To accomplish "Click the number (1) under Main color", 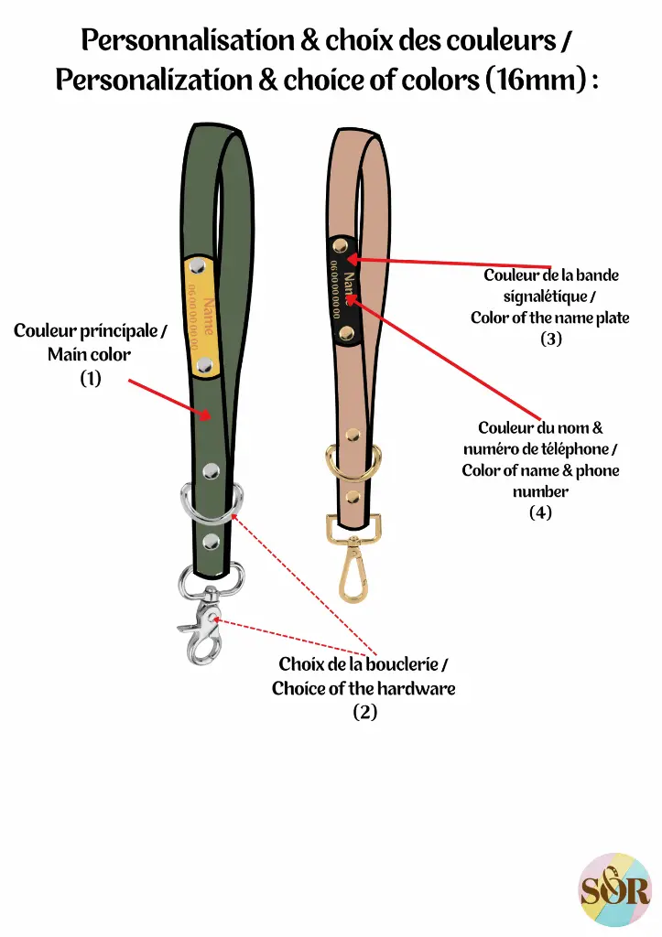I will [x=90, y=378].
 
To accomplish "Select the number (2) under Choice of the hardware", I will [x=364, y=712].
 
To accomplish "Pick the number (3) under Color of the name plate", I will [x=550, y=339].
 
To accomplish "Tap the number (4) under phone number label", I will [x=540, y=513].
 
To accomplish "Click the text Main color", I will [x=90, y=354].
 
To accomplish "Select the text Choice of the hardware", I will [x=364, y=688].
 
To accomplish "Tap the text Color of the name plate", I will [x=550, y=318].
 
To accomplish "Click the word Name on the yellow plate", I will [x=210, y=315].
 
